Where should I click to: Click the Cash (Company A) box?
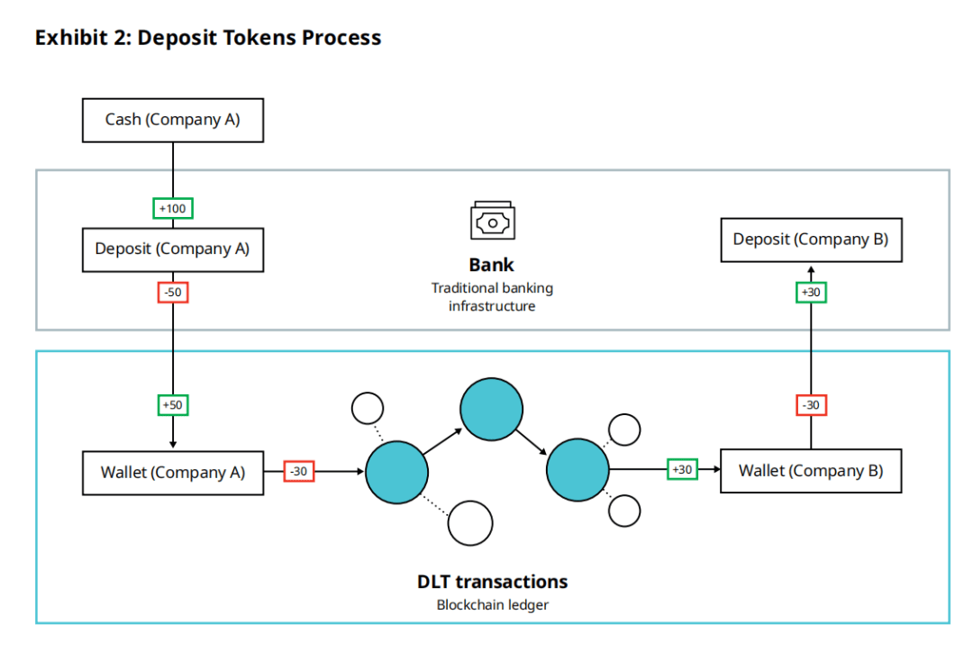pos(173,120)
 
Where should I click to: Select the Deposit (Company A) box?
pos(173,249)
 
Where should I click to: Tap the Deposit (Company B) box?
pos(811,240)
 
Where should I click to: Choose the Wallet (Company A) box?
pos(173,472)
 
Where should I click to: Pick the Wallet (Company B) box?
pos(811,471)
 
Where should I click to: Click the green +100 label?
pos(172,209)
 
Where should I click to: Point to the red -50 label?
pos(172,293)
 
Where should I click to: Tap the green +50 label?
pos(172,405)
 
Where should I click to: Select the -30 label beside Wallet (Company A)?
pos(298,471)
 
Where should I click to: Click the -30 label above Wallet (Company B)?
pos(811,405)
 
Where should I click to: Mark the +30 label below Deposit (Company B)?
pos(811,293)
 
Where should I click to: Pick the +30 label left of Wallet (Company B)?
pos(682,469)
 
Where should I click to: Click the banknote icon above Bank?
pos(493,221)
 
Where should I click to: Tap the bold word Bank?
pos(492,266)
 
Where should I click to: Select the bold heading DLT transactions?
pos(493,582)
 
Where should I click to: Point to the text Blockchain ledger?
pos(493,605)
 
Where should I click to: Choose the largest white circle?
pos(470,522)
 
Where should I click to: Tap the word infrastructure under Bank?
pos(492,306)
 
